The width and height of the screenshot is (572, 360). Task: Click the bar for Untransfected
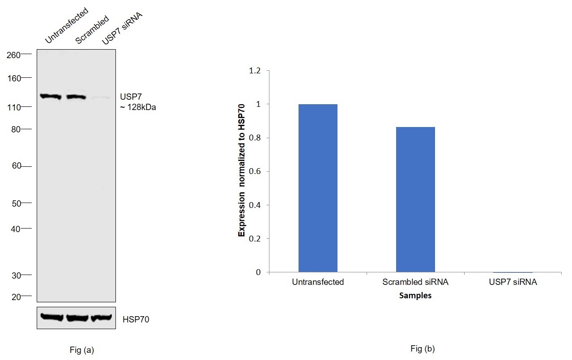click(x=318, y=188)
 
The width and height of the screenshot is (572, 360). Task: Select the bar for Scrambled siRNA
click(x=415, y=199)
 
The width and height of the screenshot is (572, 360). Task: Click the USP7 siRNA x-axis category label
click(x=513, y=282)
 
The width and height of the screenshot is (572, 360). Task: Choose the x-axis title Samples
click(x=415, y=296)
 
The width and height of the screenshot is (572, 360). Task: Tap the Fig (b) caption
click(x=422, y=348)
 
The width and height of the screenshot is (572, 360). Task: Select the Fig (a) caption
click(x=82, y=350)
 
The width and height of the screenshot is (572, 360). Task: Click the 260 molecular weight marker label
click(x=13, y=55)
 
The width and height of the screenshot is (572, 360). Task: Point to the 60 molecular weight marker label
click(x=16, y=166)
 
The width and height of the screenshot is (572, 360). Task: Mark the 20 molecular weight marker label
click(x=16, y=296)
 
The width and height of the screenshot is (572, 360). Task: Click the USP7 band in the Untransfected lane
click(x=50, y=96)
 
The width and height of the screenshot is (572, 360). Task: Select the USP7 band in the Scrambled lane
click(x=76, y=97)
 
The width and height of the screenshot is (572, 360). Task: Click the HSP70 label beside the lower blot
click(x=136, y=320)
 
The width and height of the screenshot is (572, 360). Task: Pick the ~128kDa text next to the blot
click(x=138, y=107)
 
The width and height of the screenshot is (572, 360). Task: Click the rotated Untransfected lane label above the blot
click(x=66, y=26)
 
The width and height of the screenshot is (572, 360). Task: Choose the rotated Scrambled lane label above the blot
click(x=92, y=30)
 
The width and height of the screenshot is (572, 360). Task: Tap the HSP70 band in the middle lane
click(x=77, y=318)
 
